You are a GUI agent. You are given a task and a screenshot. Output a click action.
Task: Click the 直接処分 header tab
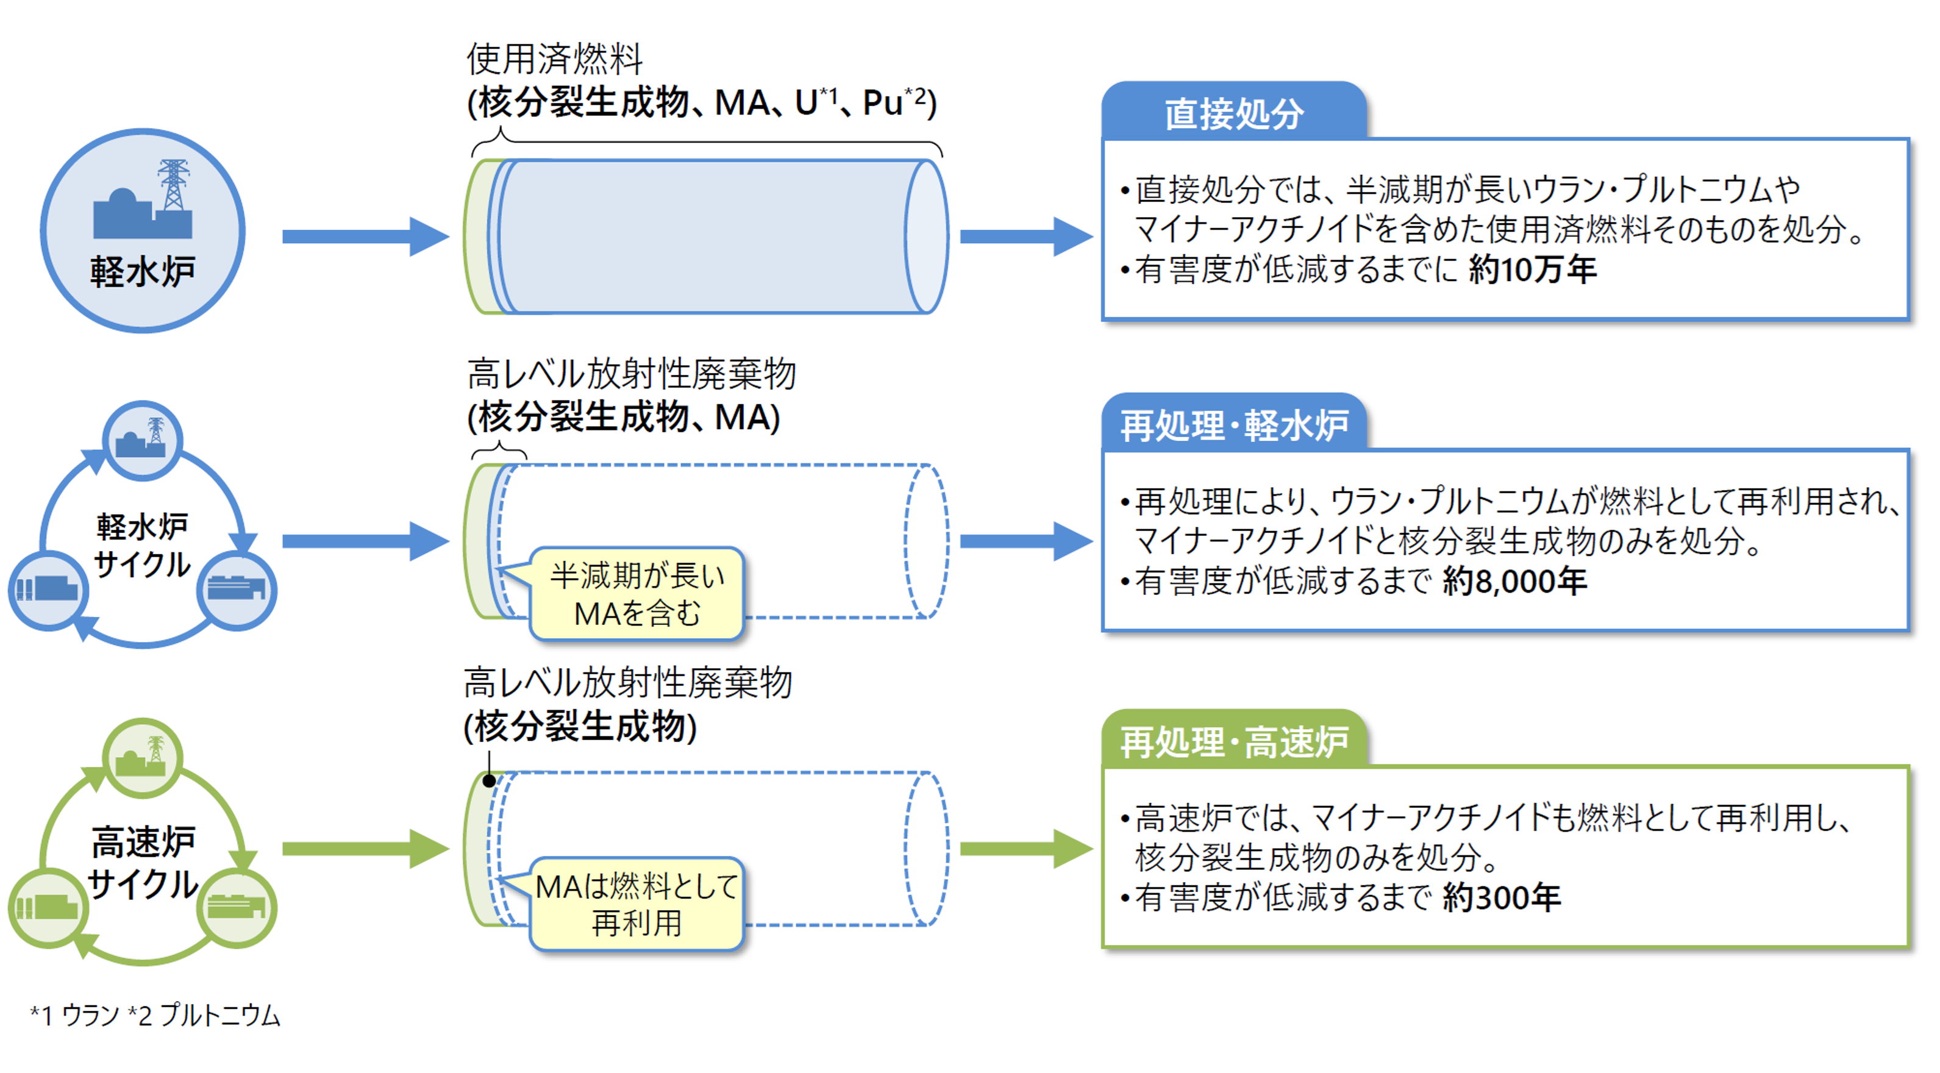(x=1233, y=113)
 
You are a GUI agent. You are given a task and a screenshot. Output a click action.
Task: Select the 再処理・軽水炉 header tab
(x=1233, y=426)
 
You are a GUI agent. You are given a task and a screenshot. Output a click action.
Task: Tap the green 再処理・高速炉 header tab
(x=1233, y=742)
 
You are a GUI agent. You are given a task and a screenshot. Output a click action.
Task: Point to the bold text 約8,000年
(x=1514, y=581)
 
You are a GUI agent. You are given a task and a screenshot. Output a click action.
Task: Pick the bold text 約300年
(x=1501, y=897)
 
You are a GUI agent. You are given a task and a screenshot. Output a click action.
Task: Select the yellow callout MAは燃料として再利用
(x=637, y=904)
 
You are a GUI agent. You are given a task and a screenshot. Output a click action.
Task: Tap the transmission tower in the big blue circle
(x=173, y=185)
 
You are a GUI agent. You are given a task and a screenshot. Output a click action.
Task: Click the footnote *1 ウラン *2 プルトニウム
(x=155, y=1015)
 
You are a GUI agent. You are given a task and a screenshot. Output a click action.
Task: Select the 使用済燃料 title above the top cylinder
(x=554, y=59)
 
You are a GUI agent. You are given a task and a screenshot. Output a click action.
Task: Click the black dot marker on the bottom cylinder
(x=489, y=781)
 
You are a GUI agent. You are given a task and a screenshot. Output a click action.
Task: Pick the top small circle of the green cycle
(x=142, y=757)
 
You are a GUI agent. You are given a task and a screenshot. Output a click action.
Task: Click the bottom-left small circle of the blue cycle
(x=48, y=590)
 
